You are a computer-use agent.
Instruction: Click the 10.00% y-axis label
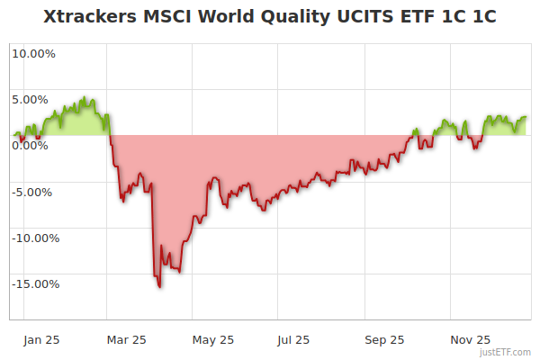tap(33, 53)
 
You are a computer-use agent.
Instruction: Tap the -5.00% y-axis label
tap(35, 192)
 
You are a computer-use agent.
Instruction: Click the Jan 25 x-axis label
tap(41, 340)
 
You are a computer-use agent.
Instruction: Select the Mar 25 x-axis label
tap(126, 340)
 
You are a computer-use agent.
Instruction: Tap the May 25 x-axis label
tap(213, 340)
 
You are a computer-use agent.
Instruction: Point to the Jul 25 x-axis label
tap(293, 340)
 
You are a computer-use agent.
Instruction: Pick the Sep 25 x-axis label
tap(384, 340)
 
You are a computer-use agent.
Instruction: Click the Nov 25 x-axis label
tap(470, 340)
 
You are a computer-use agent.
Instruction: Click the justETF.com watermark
tap(506, 352)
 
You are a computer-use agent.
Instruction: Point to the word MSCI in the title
tap(166, 17)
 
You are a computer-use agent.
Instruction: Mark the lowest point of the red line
tap(159, 287)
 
